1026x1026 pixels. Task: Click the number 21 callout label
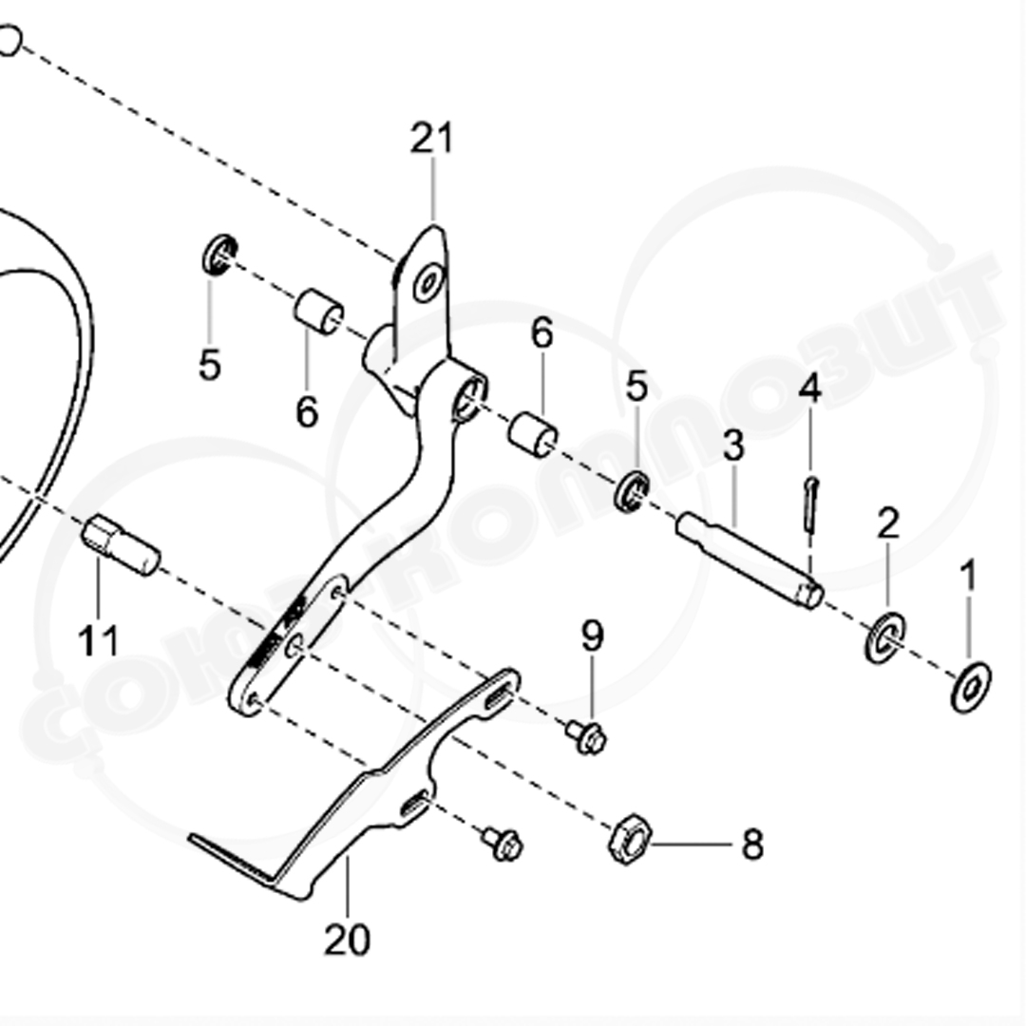click(432, 139)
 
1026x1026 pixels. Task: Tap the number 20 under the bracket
click(347, 940)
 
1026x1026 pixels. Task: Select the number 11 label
click(99, 641)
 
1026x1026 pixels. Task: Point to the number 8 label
click(752, 845)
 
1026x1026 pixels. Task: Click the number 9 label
click(592, 636)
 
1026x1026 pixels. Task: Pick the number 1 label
click(968, 575)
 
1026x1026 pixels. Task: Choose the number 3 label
click(732, 446)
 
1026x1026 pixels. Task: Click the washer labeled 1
click(970, 686)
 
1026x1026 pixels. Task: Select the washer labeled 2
click(884, 637)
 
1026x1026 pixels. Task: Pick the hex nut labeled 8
click(628, 839)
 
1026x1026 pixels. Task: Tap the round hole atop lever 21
click(427, 282)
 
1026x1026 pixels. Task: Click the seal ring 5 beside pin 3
click(632, 490)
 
